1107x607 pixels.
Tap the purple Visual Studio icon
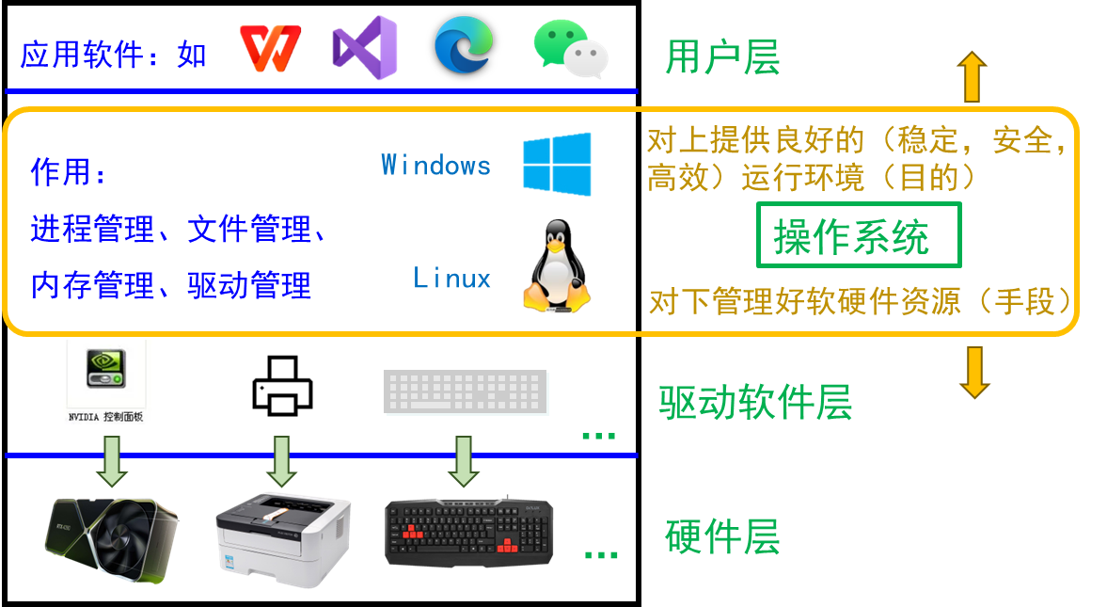(x=365, y=46)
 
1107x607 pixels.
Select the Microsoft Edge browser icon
(x=464, y=43)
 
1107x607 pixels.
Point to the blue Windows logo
(x=558, y=165)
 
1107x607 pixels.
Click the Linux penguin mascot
(x=557, y=267)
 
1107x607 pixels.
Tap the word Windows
(x=435, y=166)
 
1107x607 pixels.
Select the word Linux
(x=452, y=279)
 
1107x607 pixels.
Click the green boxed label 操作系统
(x=859, y=235)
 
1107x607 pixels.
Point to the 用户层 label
(x=722, y=57)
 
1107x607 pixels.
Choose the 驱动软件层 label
(x=755, y=402)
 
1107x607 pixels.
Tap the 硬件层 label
(x=722, y=537)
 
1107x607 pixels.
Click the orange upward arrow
(x=972, y=76)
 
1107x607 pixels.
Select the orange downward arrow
(x=973, y=373)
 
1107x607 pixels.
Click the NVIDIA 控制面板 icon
(x=108, y=382)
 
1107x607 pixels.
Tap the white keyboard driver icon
(x=466, y=392)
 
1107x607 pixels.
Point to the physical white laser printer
(x=282, y=531)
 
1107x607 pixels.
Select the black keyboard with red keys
(x=468, y=533)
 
